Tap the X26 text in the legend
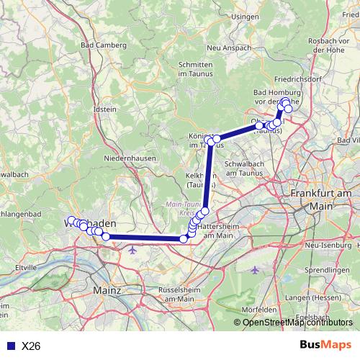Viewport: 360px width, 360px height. (31, 346)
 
